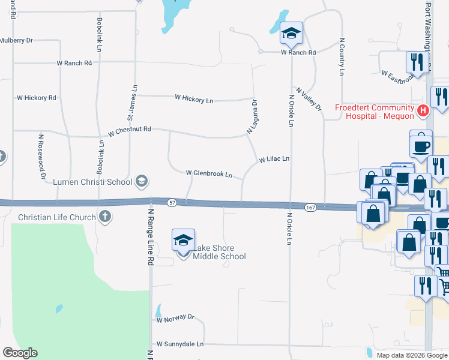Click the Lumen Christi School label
point(92,181)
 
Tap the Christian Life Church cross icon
point(105,217)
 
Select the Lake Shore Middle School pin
point(183,241)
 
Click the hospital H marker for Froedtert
point(424,111)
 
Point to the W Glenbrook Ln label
point(209,174)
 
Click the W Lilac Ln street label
point(274,160)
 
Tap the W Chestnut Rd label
point(130,129)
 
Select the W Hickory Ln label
point(194,100)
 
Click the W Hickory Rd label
point(36,97)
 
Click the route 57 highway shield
point(172,202)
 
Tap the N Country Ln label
point(342,57)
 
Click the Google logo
point(20,353)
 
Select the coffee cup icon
point(421,145)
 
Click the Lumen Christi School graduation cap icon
point(141,181)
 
